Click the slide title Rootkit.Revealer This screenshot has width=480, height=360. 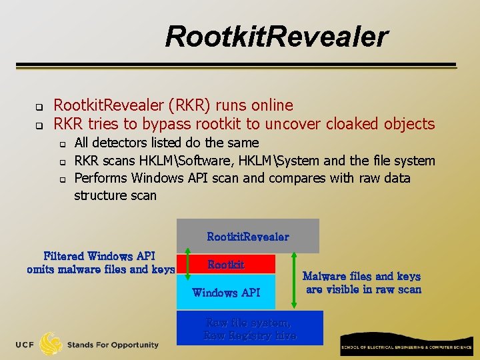(276, 37)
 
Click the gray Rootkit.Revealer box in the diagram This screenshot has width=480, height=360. (248, 237)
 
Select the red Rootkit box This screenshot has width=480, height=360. (226, 265)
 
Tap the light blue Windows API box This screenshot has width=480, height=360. (226, 293)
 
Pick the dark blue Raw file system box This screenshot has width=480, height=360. (249, 329)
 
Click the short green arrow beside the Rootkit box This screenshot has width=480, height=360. (188, 264)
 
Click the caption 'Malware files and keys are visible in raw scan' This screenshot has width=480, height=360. (362, 283)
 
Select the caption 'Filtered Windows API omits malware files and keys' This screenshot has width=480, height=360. (100, 263)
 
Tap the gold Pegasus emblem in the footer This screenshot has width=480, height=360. (51, 343)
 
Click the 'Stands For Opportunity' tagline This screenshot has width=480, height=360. (113, 345)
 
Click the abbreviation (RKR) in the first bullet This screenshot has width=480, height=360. (193, 105)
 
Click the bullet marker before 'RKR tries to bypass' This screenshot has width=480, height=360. (39, 125)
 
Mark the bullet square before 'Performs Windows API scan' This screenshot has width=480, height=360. (62, 179)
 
